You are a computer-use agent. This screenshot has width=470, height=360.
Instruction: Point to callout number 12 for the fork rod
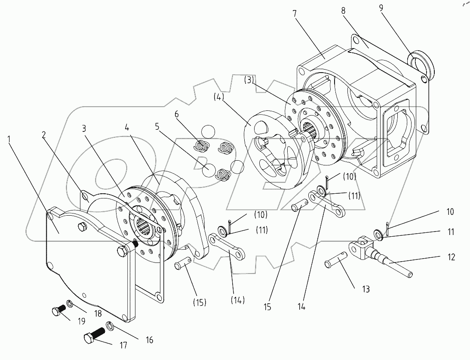coord(451,257)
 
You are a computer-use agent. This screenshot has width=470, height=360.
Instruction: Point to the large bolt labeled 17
coord(96,335)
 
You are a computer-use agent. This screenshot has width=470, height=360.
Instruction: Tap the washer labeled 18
coord(69,305)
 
